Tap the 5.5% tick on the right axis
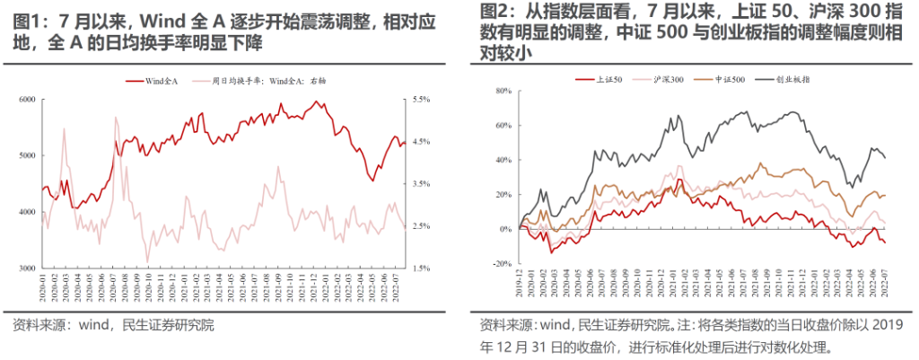(422, 99)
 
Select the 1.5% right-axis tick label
(422, 268)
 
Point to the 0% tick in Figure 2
(504, 229)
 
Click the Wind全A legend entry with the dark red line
(162, 81)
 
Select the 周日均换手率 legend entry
(269, 81)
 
